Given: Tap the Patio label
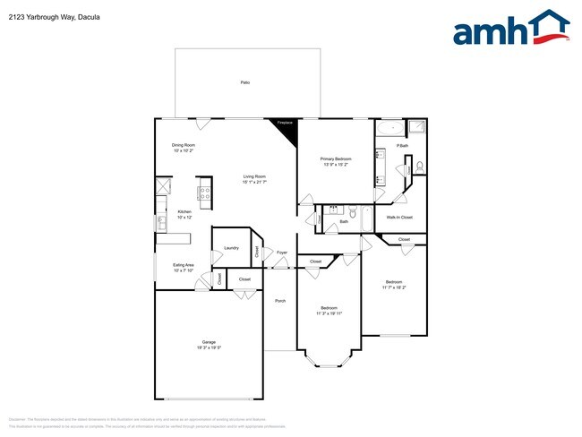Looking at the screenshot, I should (244, 82).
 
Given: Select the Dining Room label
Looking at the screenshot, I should (184, 145).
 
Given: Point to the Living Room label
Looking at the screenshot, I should (254, 176).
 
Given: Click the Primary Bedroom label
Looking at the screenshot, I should (334, 159).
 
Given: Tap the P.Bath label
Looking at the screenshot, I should (403, 145).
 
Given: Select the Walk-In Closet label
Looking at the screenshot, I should (398, 217).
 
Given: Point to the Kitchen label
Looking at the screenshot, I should (184, 211).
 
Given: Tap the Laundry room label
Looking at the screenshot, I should (230, 247).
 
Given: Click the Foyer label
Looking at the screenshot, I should (281, 253).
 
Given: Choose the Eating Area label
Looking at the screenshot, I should (184, 265).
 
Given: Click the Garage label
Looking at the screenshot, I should (209, 342).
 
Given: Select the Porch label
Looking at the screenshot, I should (280, 300).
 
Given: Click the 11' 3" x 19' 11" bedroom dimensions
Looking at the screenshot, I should (329, 313).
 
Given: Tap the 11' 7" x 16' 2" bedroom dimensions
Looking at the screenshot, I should (394, 287).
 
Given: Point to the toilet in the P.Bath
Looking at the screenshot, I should (418, 167).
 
